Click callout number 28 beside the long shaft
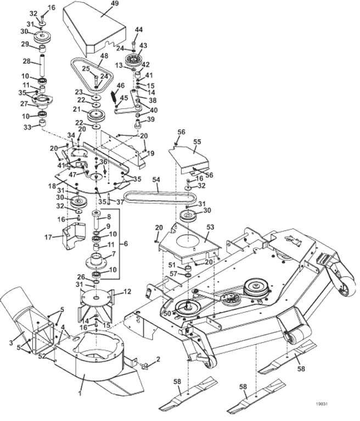[x=25, y=61]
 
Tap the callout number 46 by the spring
[x=121, y=86]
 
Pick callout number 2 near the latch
[x=159, y=359]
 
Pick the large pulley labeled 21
[x=97, y=116]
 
